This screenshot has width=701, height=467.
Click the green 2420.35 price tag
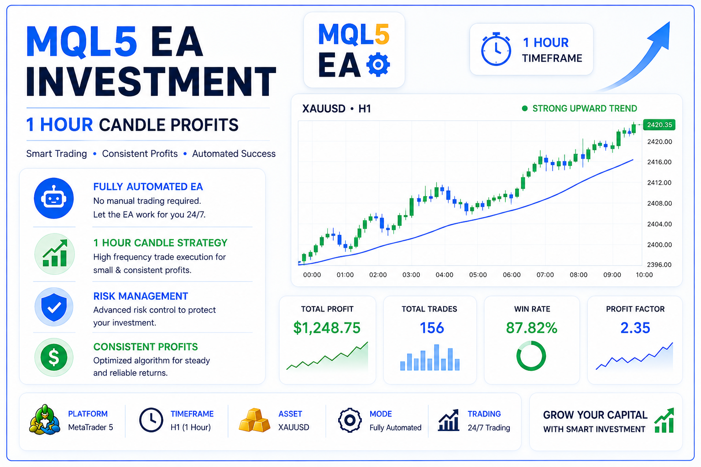click(659, 125)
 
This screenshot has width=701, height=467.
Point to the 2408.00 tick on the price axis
click(659, 203)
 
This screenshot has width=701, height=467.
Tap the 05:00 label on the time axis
click(478, 275)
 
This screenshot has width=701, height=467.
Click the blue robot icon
click(54, 198)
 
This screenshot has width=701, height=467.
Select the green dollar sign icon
click(54, 357)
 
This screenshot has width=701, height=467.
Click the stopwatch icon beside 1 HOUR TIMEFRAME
click(496, 49)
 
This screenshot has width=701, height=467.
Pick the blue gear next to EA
click(378, 64)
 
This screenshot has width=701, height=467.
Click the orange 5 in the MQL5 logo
click(382, 34)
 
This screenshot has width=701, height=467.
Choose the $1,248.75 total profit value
click(327, 327)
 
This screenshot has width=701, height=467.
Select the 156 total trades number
click(432, 328)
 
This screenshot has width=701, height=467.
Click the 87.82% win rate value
click(532, 328)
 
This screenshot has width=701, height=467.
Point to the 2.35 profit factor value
click(635, 328)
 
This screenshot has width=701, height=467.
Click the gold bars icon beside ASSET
click(255, 420)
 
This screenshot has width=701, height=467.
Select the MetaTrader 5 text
click(90, 427)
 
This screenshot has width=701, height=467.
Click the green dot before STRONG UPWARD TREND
click(525, 109)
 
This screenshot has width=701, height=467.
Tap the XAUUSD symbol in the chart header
click(324, 109)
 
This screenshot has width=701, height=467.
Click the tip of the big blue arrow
click(670, 22)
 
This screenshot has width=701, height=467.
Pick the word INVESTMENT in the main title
click(151, 81)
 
